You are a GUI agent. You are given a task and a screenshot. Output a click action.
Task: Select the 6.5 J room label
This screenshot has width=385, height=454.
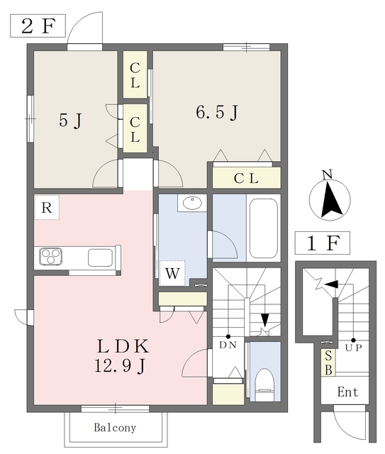[x=216, y=111]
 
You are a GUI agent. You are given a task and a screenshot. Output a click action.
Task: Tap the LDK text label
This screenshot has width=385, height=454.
[x=121, y=347]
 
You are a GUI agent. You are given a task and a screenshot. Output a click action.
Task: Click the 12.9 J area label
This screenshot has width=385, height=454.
[x=121, y=367]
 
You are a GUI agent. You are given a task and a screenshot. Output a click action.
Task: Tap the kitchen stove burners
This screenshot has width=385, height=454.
[x=50, y=255]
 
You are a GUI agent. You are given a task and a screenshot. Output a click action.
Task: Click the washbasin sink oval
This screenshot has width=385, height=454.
[x=192, y=204]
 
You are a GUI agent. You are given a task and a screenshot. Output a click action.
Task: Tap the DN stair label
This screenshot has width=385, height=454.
[x=228, y=345]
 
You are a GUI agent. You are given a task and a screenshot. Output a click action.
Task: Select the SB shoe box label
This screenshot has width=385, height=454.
[x=328, y=364]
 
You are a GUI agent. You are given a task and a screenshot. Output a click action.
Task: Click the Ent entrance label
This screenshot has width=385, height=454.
[x=347, y=392]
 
